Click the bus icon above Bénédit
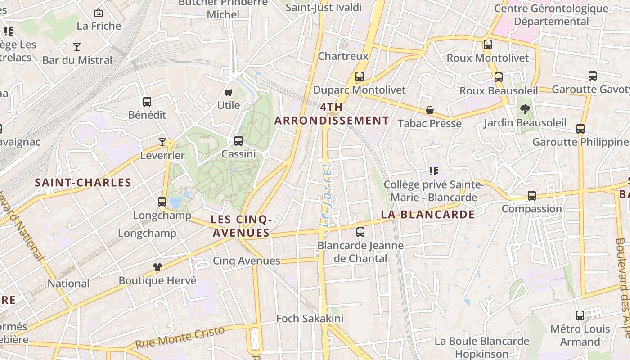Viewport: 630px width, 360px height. coord(147,102)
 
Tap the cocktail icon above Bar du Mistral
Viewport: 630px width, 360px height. coord(77,47)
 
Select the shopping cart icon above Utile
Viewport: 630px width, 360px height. coord(228,93)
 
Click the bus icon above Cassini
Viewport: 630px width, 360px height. coord(238,141)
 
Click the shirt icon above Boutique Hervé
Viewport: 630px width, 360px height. coord(157,267)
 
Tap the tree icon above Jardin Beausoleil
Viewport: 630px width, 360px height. coord(525,109)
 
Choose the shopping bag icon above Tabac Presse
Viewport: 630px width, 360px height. coord(430,110)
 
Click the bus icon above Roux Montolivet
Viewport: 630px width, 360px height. coord(488,45)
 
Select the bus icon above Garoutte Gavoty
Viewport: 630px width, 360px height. coord(593,76)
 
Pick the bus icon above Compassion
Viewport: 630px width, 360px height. coord(532,196)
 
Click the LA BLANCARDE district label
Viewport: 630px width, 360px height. coord(428,215)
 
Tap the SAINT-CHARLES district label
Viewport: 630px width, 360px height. coord(83,183)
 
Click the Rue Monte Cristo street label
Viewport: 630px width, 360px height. coord(180,337)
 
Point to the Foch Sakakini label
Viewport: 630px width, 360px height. coord(310,319)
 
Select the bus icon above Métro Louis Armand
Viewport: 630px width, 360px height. coord(580,315)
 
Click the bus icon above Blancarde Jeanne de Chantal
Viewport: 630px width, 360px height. coord(360,232)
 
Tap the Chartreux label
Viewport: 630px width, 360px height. coord(343,56)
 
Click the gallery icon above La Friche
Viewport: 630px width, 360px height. coord(99,13)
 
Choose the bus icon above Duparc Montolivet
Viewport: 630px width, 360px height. coord(360,76)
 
